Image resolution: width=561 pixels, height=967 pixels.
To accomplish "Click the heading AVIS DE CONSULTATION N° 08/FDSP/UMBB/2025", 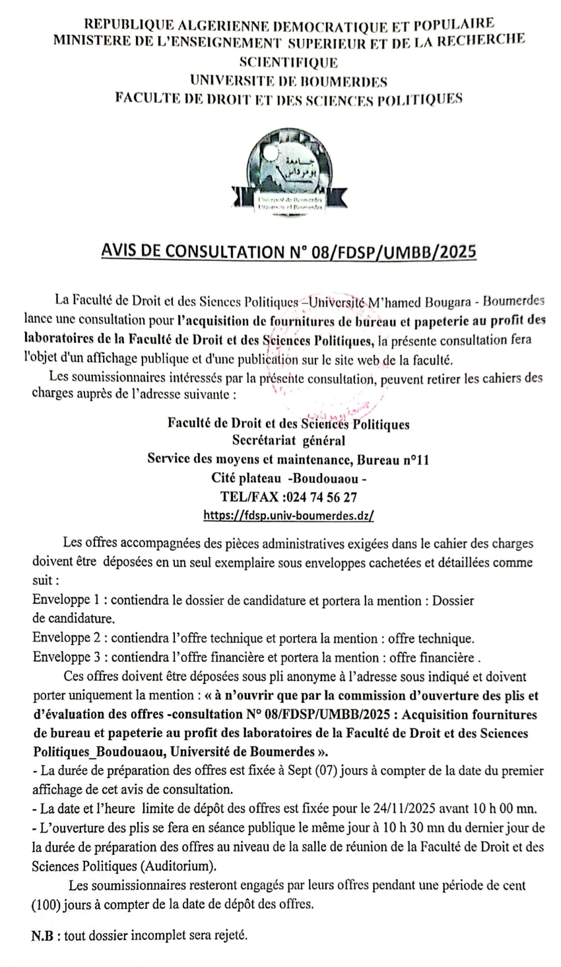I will click(x=288, y=252).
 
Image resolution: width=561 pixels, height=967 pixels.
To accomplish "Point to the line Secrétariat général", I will click(x=288, y=441).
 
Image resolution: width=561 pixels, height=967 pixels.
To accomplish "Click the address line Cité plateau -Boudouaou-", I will click(x=288, y=478).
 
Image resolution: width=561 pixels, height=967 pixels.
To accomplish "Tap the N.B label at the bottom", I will click(x=44, y=937).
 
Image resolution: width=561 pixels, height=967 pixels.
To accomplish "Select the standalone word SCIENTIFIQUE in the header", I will click(x=288, y=63).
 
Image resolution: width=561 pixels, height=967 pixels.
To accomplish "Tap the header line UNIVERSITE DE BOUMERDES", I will click(x=288, y=81).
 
